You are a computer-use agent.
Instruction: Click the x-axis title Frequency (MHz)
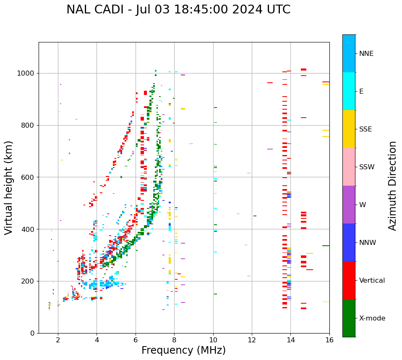coord(183,350)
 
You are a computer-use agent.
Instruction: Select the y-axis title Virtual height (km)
coord(9,188)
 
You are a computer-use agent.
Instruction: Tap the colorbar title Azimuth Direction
coord(392,186)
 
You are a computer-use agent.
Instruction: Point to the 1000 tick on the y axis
coord(28,73)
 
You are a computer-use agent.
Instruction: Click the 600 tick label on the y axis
coord(28,177)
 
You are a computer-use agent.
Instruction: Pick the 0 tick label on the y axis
coord(32,333)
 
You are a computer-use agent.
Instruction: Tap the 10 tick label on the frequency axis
coord(213,340)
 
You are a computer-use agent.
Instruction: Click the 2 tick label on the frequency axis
coord(58,340)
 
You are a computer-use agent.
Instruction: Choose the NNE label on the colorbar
coord(366,54)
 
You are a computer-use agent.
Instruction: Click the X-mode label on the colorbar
coord(372,318)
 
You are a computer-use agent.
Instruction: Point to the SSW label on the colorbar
coord(367,167)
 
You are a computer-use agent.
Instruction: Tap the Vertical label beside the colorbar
coord(372,281)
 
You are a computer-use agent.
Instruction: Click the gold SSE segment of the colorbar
coord(349,129)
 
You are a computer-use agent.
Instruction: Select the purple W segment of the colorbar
coord(349,205)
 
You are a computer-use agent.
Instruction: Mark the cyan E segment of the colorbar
coord(349,91)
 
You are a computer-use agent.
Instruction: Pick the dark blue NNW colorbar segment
coord(349,242)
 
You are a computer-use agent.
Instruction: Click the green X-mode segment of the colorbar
coord(349,318)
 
